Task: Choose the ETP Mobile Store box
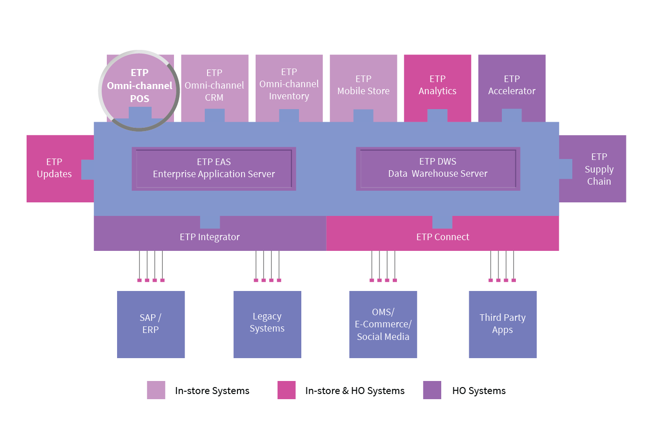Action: [x=363, y=86]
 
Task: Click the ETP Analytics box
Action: [x=438, y=85]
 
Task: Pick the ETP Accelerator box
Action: [x=512, y=85]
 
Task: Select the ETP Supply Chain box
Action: [x=598, y=169]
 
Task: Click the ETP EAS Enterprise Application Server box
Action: [x=214, y=168]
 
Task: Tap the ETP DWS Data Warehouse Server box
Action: [x=438, y=168]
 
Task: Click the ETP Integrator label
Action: [x=210, y=237]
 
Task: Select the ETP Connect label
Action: [x=443, y=237]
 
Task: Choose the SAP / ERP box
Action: [x=151, y=324]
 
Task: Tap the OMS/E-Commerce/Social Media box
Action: [x=383, y=324]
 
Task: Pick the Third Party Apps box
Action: [x=502, y=324]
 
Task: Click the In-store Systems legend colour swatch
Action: [x=156, y=390]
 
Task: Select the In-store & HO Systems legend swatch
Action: [x=286, y=390]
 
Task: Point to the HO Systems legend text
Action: [x=479, y=391]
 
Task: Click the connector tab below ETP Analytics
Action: [x=438, y=116]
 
